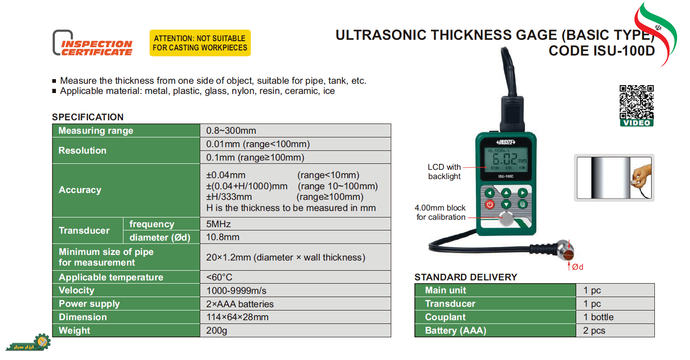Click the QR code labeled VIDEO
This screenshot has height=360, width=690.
pyautogui.click(x=636, y=106)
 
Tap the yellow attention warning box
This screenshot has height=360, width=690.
pyautogui.click(x=200, y=43)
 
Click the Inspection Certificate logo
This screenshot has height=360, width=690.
pyautogui.click(x=92, y=43)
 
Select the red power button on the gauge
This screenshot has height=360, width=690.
pyautogui.click(x=489, y=204)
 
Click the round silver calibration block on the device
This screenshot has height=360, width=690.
pyautogui.click(x=506, y=218)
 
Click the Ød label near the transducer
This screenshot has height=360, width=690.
pyautogui.click(x=578, y=267)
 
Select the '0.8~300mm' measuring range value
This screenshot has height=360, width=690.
pyautogui.click(x=231, y=130)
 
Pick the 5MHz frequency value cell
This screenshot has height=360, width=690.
pyautogui.click(x=218, y=224)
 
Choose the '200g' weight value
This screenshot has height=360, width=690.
pyautogui.click(x=216, y=330)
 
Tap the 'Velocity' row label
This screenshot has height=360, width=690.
pyautogui.click(x=76, y=290)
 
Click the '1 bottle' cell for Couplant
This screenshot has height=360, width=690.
pyautogui.click(x=598, y=317)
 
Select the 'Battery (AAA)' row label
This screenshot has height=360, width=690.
pyautogui.click(x=456, y=330)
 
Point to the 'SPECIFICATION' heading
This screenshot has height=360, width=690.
pyautogui.click(x=88, y=117)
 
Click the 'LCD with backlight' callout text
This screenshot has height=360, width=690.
pyautogui.click(x=444, y=172)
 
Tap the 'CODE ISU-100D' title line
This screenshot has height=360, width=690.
pyautogui.click(x=602, y=51)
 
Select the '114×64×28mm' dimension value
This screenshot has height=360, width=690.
pyautogui.click(x=237, y=317)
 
